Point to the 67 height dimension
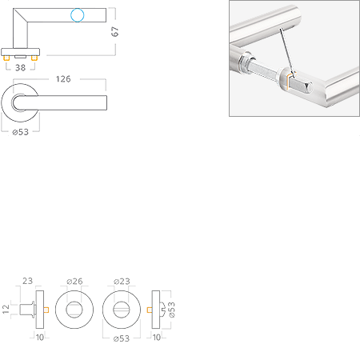click(114, 31)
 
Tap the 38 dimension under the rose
click(20, 68)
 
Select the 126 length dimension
click(63, 79)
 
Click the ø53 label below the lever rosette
click(21, 132)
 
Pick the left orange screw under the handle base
click(6, 58)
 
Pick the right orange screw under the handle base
click(34, 58)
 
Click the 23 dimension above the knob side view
click(27, 281)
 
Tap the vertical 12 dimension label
click(6, 309)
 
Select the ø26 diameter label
click(74, 281)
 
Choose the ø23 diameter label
click(122, 281)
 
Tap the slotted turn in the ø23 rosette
click(122, 310)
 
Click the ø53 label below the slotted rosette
click(122, 338)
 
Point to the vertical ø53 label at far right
click(172, 310)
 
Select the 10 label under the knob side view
click(40, 338)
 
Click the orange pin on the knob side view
click(46, 310)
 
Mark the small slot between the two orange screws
click(20, 57)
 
